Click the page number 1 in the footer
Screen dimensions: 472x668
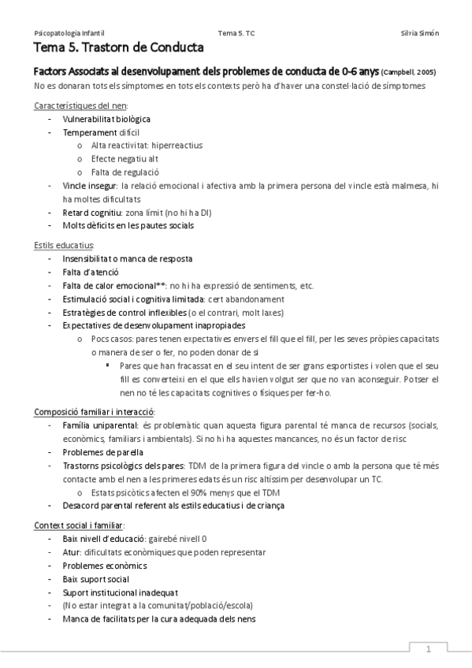click(x=429, y=650)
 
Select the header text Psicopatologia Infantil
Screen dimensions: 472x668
click(x=69, y=33)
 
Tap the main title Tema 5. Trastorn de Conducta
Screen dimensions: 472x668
click(x=106, y=49)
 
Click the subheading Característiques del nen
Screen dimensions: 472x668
click(x=81, y=106)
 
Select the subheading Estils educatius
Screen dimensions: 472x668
click(x=64, y=246)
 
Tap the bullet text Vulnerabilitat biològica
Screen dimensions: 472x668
click(x=106, y=119)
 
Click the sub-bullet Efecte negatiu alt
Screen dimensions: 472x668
click(x=125, y=158)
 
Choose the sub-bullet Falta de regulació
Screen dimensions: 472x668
click(x=125, y=172)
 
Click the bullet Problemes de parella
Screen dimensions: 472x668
click(x=102, y=452)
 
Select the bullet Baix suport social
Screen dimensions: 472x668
click(x=95, y=579)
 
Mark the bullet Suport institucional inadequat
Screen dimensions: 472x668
click(x=120, y=592)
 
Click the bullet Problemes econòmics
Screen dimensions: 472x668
click(x=105, y=566)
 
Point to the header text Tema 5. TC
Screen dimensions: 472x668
click(x=236, y=33)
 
